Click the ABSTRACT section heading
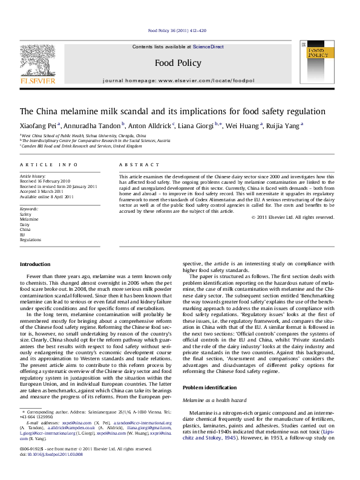click(x=134, y=164)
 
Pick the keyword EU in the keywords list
click(x=23, y=234)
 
